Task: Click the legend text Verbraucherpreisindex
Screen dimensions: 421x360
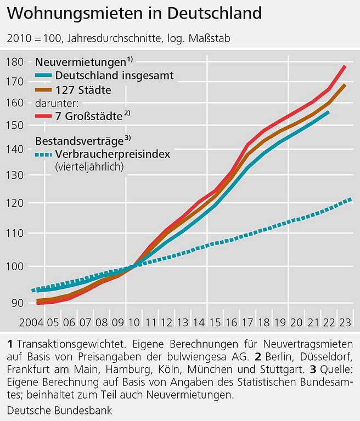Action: pos(113,155)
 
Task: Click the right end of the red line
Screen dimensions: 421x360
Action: pos(345,66)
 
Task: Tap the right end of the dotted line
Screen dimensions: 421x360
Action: pos(350,200)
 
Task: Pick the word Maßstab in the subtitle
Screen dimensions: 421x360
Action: pos(209,39)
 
